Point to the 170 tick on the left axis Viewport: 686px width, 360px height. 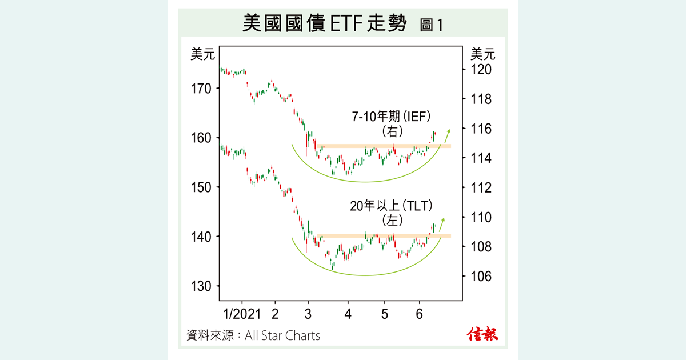[201, 89]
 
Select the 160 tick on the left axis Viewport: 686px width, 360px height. [201, 138]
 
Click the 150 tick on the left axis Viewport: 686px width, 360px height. [201, 187]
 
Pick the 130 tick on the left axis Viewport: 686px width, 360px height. [201, 286]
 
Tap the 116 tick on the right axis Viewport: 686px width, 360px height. [481, 129]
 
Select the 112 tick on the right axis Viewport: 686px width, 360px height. [481, 188]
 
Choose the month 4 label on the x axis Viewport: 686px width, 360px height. [348, 314]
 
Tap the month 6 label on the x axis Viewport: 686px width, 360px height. [420, 314]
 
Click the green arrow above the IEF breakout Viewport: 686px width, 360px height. [446, 135]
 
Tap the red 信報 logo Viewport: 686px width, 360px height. [482, 334]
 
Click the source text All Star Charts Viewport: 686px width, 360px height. [282, 335]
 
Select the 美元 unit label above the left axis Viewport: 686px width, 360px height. [202, 55]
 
